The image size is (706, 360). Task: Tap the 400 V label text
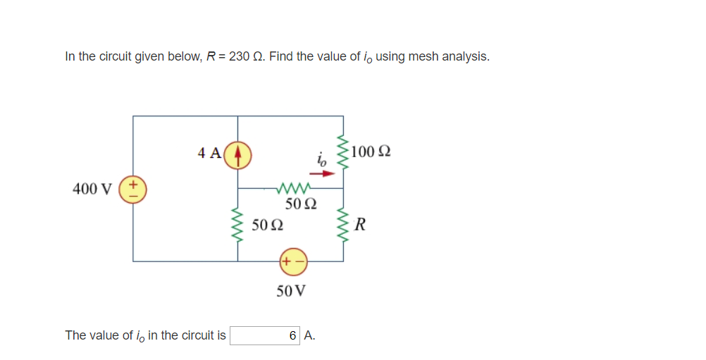92,189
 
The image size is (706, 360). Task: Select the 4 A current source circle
238,153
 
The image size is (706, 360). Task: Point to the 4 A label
209,152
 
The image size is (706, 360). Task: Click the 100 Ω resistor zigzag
343,152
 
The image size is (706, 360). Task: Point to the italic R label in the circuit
360,225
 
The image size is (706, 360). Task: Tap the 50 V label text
291,291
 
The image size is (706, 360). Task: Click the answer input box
266,335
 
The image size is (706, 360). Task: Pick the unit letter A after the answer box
311,335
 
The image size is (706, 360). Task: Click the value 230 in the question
240,56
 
